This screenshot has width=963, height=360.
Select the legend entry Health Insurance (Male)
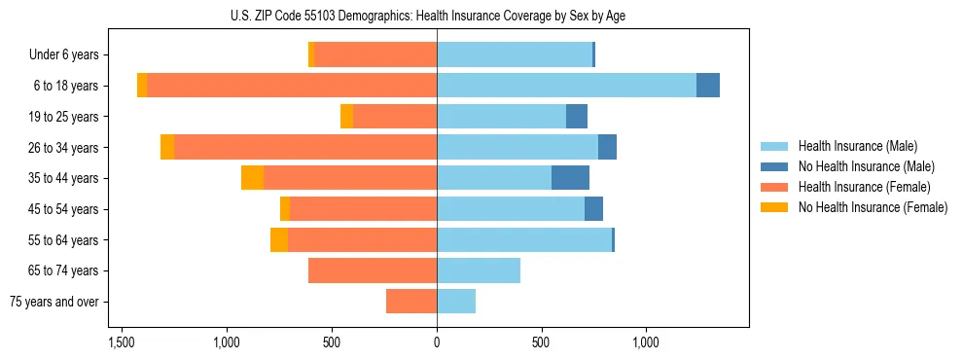tap(857, 146)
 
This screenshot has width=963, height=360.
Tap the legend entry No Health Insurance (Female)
tap(872, 207)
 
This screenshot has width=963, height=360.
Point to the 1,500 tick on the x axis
tap(122, 343)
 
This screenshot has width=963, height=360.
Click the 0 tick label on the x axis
tap(437, 343)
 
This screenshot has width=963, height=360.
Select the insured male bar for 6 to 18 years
tap(566, 86)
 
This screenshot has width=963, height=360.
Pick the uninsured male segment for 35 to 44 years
tap(570, 178)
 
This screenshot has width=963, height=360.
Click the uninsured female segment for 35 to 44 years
tap(253, 178)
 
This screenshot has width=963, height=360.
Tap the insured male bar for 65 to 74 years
tap(479, 270)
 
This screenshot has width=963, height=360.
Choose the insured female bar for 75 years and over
tap(411, 302)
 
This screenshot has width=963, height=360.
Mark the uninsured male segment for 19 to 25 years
tap(577, 117)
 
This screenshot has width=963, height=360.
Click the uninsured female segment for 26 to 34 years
tap(167, 147)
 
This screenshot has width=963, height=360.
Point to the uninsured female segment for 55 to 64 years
tap(279, 239)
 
